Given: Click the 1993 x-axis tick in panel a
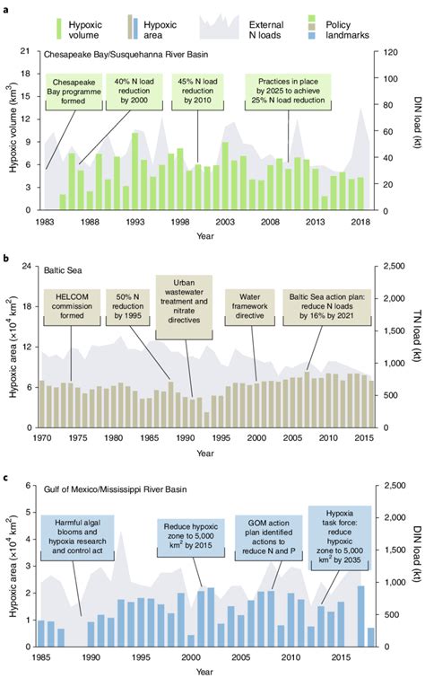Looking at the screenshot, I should tap(135, 222).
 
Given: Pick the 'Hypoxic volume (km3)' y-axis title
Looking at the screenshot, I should tap(10, 131).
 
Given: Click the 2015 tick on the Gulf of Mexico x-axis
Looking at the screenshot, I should tap(344, 657).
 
